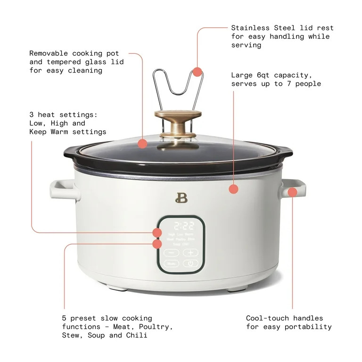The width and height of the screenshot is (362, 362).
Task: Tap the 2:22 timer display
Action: pos(181,225)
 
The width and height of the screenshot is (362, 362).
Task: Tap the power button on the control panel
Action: pos(190,263)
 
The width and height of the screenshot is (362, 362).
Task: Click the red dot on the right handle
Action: pos(292,192)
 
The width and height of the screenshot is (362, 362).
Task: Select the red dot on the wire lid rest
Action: pos(197,72)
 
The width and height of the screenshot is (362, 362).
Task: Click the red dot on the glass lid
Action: pos(142,144)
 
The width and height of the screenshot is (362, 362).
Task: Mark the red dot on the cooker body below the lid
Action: pos(233,189)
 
